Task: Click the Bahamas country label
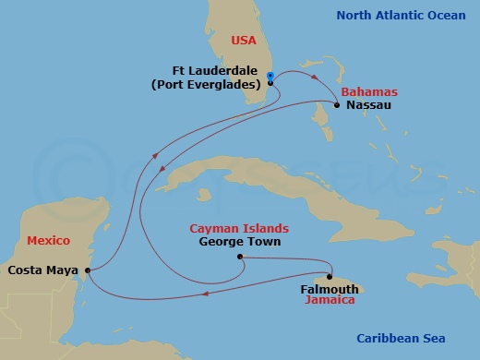pyautogui.click(x=369, y=92)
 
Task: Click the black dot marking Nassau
pyautogui.click(x=338, y=105)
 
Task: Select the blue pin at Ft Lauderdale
pyautogui.click(x=270, y=76)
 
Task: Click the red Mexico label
pyautogui.click(x=48, y=241)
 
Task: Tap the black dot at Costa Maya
pyautogui.click(x=87, y=270)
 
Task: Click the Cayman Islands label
pyautogui.click(x=239, y=228)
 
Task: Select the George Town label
pyautogui.click(x=240, y=242)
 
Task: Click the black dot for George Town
pyautogui.click(x=239, y=257)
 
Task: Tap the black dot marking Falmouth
pyautogui.click(x=330, y=276)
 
